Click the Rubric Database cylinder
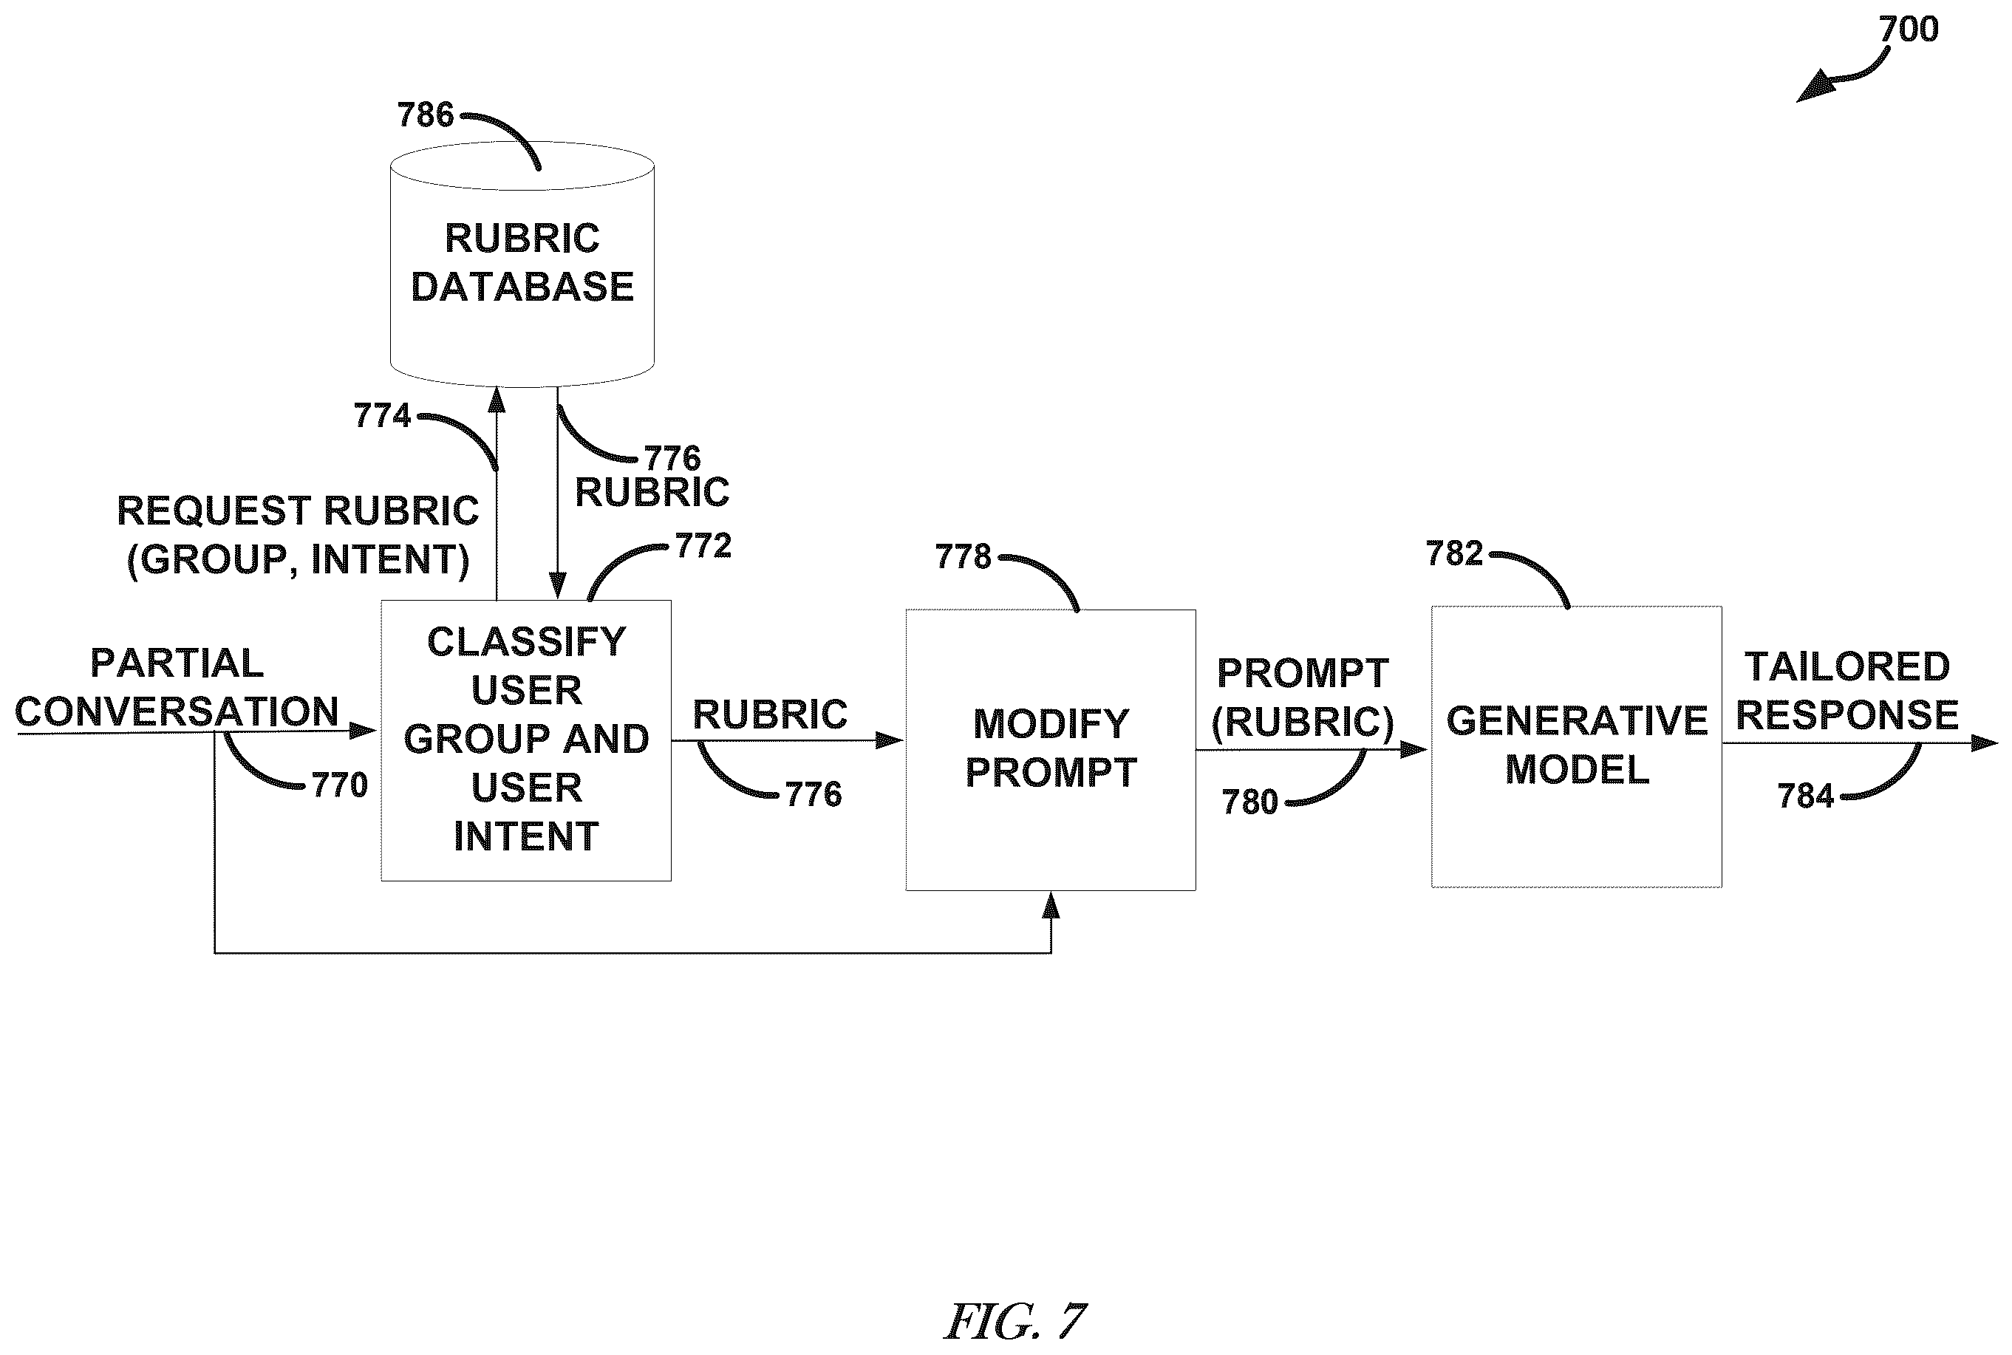[522, 264]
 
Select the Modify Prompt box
[1050, 749]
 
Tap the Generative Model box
[1576, 747]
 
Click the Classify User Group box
[525, 740]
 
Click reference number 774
[382, 416]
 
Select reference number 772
[703, 546]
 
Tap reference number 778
[963, 556]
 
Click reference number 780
[1249, 802]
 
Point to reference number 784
[1805, 796]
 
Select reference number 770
[340, 785]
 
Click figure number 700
[1909, 30]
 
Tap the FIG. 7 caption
[1015, 1321]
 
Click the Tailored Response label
[1848, 691]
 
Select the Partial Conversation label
[177, 687]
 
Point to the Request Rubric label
[297, 535]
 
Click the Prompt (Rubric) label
[1303, 697]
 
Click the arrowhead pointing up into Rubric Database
[497, 400]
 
